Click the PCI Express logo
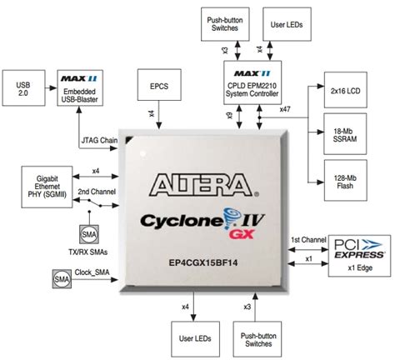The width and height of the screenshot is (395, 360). point(357,247)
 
